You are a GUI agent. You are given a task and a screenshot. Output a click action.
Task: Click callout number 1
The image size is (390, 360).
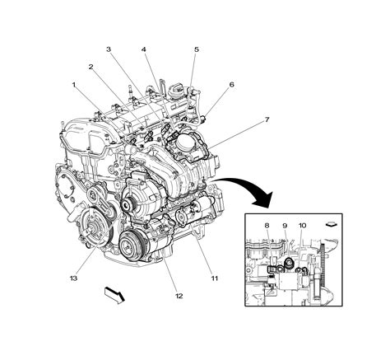pos(73,84)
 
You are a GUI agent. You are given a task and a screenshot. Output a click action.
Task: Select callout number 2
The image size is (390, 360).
pos(91,68)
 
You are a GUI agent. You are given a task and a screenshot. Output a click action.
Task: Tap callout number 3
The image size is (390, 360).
pos(109,49)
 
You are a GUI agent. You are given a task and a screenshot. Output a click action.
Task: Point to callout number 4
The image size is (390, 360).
pos(144,49)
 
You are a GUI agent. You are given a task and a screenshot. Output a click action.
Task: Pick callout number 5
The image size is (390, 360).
pos(196,49)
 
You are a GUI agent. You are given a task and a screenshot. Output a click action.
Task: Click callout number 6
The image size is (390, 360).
pos(231,84)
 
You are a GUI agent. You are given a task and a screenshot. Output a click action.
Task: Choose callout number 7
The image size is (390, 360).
pos(266,119)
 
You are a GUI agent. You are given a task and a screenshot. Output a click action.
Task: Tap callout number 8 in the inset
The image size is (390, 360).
pos(267,225)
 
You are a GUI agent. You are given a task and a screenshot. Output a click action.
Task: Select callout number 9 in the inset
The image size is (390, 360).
pos(284,225)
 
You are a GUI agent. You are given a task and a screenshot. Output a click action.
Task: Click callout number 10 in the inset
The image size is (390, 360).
pos(302,225)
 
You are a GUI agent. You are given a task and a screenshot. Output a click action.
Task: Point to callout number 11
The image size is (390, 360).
pos(214,278)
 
